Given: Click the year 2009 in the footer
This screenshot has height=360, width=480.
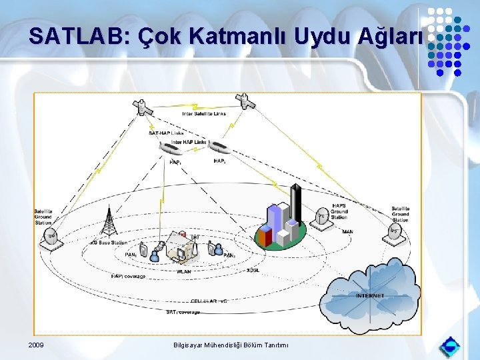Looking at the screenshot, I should click(37, 345).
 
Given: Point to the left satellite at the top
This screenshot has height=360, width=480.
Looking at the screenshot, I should click(141, 107).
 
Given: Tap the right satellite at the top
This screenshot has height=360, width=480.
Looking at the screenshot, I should click(245, 101).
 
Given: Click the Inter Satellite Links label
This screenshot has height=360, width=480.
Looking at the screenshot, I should click(204, 114).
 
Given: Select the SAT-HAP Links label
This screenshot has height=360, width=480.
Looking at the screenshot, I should click(166, 133).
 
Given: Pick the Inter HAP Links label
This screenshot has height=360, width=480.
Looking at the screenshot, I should click(189, 142).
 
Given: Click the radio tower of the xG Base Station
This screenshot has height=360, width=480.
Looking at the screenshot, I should click(107, 223).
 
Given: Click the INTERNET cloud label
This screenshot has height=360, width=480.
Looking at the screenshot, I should click(370, 295).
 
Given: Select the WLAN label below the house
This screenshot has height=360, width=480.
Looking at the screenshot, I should click(183, 271).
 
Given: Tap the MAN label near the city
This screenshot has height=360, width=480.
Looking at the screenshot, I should click(347, 232).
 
